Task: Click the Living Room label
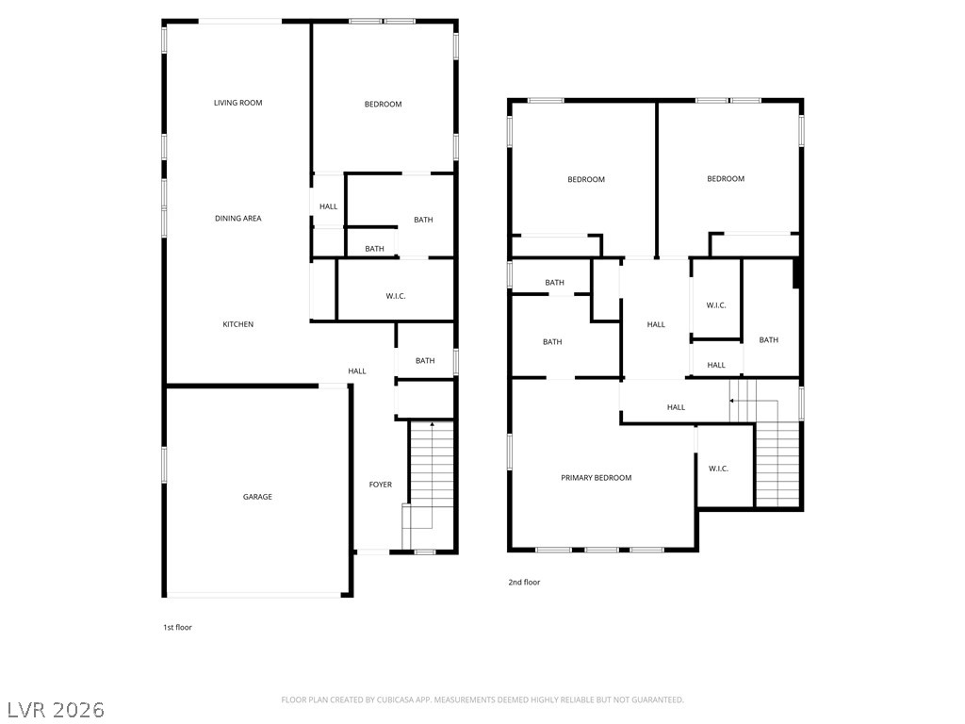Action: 237,103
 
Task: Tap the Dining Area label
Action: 237,219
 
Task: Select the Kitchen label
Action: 237,324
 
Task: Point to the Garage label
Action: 257,497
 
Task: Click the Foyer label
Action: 380,485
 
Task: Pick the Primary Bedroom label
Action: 596,478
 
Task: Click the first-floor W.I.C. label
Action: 396,297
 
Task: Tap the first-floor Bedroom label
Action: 383,105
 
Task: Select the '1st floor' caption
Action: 177,627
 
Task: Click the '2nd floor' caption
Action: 524,583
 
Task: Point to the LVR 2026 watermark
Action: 57,709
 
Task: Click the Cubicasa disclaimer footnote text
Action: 482,699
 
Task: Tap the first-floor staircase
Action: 431,485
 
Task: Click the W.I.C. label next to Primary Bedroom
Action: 718,469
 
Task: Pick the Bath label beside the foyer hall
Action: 425,361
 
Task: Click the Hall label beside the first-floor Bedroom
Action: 328,206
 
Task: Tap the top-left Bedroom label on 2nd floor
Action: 585,180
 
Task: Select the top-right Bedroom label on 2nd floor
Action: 726,179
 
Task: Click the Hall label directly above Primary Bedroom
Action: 676,407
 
